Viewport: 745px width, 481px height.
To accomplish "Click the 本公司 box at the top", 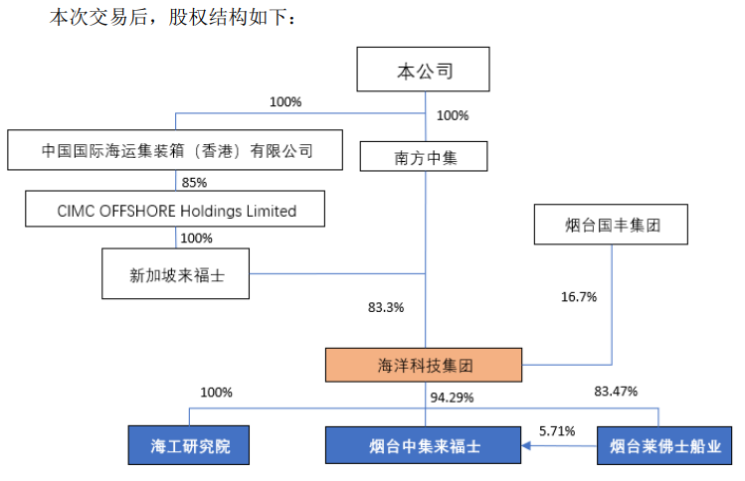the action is coord(423,69).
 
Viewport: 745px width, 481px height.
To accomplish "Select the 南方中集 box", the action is coord(424,156).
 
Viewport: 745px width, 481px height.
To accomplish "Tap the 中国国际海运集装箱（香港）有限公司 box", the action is coord(175,150).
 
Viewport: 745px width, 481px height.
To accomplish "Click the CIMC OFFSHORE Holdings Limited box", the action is coord(175,209).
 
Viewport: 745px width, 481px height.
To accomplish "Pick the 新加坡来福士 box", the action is coord(175,273).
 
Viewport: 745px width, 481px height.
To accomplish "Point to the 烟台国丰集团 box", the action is coord(611,225).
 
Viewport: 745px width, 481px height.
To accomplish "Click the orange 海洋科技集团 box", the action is coord(424,365).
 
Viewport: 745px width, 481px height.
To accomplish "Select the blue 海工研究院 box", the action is coord(189,445).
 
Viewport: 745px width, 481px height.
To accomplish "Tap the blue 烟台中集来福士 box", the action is coord(423,445).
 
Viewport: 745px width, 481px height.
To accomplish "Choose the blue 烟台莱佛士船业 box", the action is coord(664,445).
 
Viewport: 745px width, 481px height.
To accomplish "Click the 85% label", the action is coord(194,182).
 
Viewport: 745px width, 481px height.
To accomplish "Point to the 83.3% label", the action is coord(386,308).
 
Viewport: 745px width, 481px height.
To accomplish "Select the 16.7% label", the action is coord(579,297).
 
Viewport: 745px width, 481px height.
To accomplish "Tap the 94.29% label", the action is coord(452,398).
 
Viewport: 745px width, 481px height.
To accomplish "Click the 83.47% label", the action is coord(616,392).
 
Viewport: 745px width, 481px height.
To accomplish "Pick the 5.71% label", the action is coord(557,431).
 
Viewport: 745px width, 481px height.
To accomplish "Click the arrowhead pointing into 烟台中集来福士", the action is coord(525,445).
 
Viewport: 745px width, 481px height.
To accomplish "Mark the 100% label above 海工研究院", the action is coord(216,393).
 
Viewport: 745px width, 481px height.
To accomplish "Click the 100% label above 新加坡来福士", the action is coord(196,238).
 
